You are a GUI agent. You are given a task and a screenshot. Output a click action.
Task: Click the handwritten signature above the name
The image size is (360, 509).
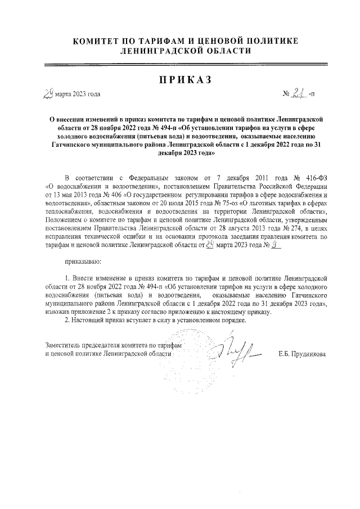pyautogui.click(x=236, y=352)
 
